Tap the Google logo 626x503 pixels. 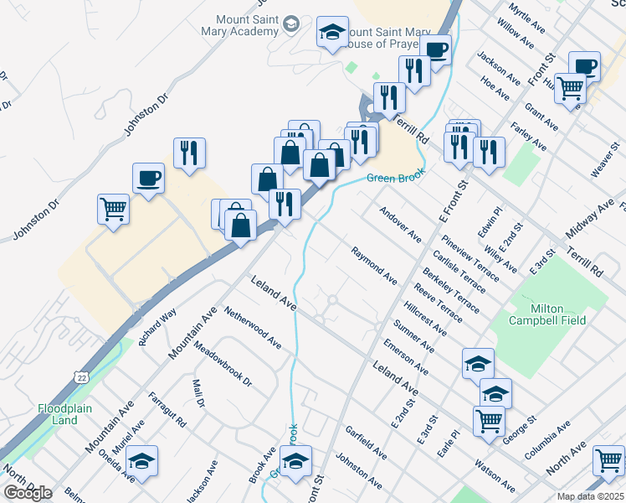(x=28, y=493)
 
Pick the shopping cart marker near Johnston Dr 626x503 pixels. (x=113, y=209)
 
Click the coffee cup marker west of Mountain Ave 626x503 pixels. (x=148, y=178)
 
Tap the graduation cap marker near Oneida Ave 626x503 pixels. (x=142, y=461)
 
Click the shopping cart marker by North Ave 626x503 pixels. (x=608, y=459)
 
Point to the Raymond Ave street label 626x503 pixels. (x=374, y=263)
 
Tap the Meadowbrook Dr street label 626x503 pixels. (x=222, y=363)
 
